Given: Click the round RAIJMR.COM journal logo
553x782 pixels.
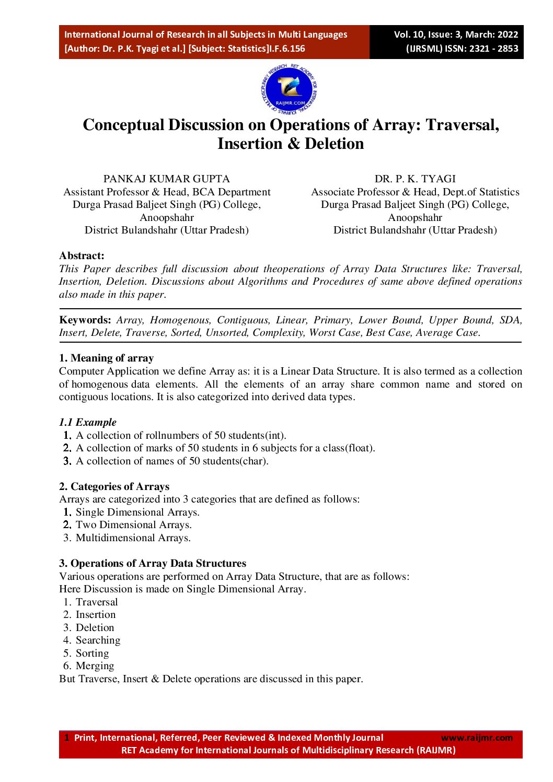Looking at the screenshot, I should (x=289, y=90).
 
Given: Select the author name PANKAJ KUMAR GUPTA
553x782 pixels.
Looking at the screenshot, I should (x=166, y=179).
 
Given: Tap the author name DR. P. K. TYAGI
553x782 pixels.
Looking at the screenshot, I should (x=415, y=179).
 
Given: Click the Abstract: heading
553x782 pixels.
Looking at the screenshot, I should (x=82, y=255).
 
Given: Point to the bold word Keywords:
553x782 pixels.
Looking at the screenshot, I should (x=85, y=320).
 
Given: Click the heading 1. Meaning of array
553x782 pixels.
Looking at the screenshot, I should (x=106, y=358).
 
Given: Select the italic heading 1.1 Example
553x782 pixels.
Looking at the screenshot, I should (x=87, y=422).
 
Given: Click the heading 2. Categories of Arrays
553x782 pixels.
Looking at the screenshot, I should (x=114, y=486).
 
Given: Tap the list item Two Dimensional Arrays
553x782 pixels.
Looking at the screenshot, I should (x=133, y=524).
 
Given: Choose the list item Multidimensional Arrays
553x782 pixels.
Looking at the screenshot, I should (x=133, y=538).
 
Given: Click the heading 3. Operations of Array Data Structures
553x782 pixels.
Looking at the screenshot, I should (x=152, y=563).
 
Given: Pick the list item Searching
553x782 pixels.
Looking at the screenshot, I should (x=98, y=640).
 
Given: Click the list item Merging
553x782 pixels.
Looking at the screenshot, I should (x=95, y=666).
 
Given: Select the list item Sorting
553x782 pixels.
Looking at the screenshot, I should (x=92, y=653).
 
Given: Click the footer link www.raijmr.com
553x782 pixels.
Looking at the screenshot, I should (x=477, y=738).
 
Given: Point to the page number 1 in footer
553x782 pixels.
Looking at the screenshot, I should (x=66, y=738).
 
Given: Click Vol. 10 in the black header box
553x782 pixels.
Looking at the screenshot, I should (x=408, y=34).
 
